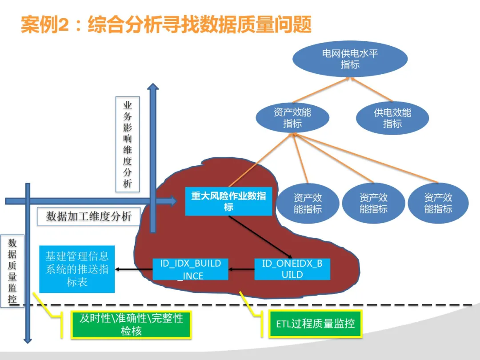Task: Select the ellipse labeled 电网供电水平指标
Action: point(350,59)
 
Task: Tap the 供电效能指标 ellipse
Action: point(392,118)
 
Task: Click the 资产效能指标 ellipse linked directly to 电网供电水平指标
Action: point(292,118)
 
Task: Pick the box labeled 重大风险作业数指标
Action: point(229,201)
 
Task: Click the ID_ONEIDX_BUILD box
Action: point(292,269)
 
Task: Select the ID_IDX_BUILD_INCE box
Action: point(190,269)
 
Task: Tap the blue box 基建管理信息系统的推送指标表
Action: point(77,269)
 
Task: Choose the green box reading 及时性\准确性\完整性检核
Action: point(131,325)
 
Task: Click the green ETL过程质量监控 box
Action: point(315,324)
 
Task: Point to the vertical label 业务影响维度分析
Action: point(128,144)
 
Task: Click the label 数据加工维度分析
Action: point(89,216)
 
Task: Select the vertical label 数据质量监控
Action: point(12,271)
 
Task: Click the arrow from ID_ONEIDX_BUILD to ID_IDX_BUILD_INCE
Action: point(241,269)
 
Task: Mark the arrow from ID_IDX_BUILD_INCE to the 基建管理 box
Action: point(134,269)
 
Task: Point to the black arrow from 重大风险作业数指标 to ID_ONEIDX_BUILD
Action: point(260,237)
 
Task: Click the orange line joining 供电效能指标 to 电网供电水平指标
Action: point(371,89)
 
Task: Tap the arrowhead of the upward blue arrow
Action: point(153,86)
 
